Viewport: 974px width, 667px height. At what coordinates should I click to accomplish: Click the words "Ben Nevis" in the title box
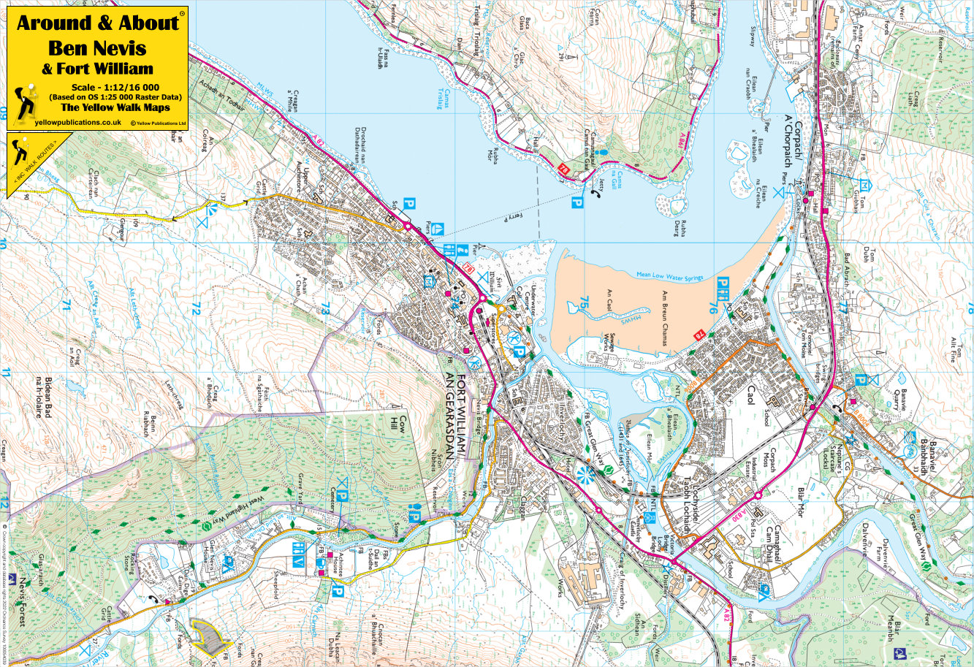point(96,48)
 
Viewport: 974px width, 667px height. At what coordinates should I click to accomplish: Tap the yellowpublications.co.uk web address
point(67,123)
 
